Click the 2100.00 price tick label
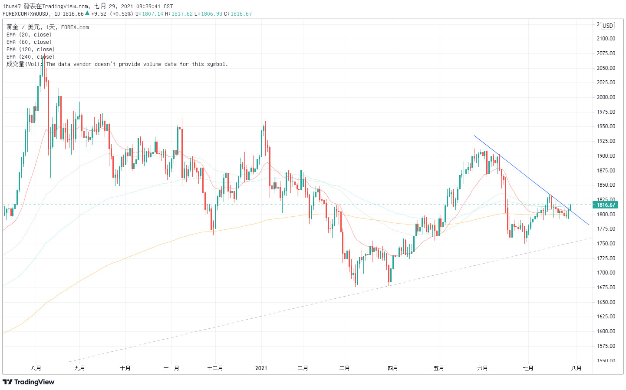(606, 39)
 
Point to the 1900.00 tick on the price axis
(606, 156)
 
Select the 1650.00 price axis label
(606, 302)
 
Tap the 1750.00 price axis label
(606, 244)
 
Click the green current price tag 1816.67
(606, 205)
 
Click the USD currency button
(607, 26)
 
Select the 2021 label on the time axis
(261, 368)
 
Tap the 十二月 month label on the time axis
(215, 368)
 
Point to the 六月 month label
(482, 368)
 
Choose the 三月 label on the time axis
(344, 368)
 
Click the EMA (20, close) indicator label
(29, 35)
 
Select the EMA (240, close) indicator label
(30, 57)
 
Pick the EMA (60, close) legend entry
(29, 42)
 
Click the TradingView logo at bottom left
(29, 382)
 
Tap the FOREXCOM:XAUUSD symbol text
(26, 14)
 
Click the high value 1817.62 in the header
(182, 14)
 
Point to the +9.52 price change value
(99, 14)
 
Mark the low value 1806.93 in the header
(211, 14)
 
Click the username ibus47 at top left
(12, 7)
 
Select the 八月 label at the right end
(576, 368)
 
